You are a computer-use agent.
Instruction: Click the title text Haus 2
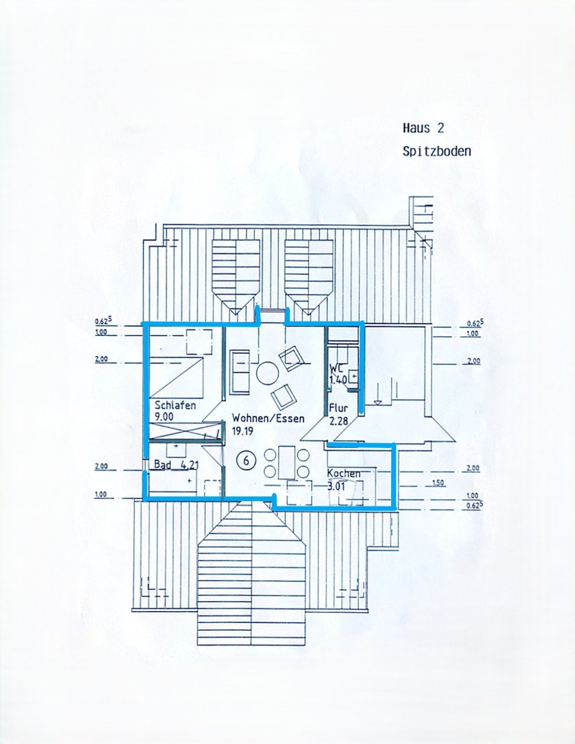click(423, 128)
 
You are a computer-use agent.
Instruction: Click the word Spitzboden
click(437, 151)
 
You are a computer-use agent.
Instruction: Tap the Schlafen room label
click(175, 405)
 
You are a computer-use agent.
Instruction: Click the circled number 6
click(246, 460)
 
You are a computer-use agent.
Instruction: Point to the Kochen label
click(344, 473)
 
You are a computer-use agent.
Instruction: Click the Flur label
click(338, 409)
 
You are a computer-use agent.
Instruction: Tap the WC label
click(336, 368)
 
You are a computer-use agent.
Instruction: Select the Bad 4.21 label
click(176, 464)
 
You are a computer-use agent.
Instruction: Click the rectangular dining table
click(286, 462)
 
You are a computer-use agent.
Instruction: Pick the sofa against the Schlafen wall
click(239, 372)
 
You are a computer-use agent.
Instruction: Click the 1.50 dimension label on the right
click(438, 483)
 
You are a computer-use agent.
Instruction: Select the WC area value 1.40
click(338, 380)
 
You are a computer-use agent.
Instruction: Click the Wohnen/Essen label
click(268, 418)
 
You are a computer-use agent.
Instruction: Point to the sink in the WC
click(354, 375)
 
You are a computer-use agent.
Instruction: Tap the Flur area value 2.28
click(339, 421)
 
